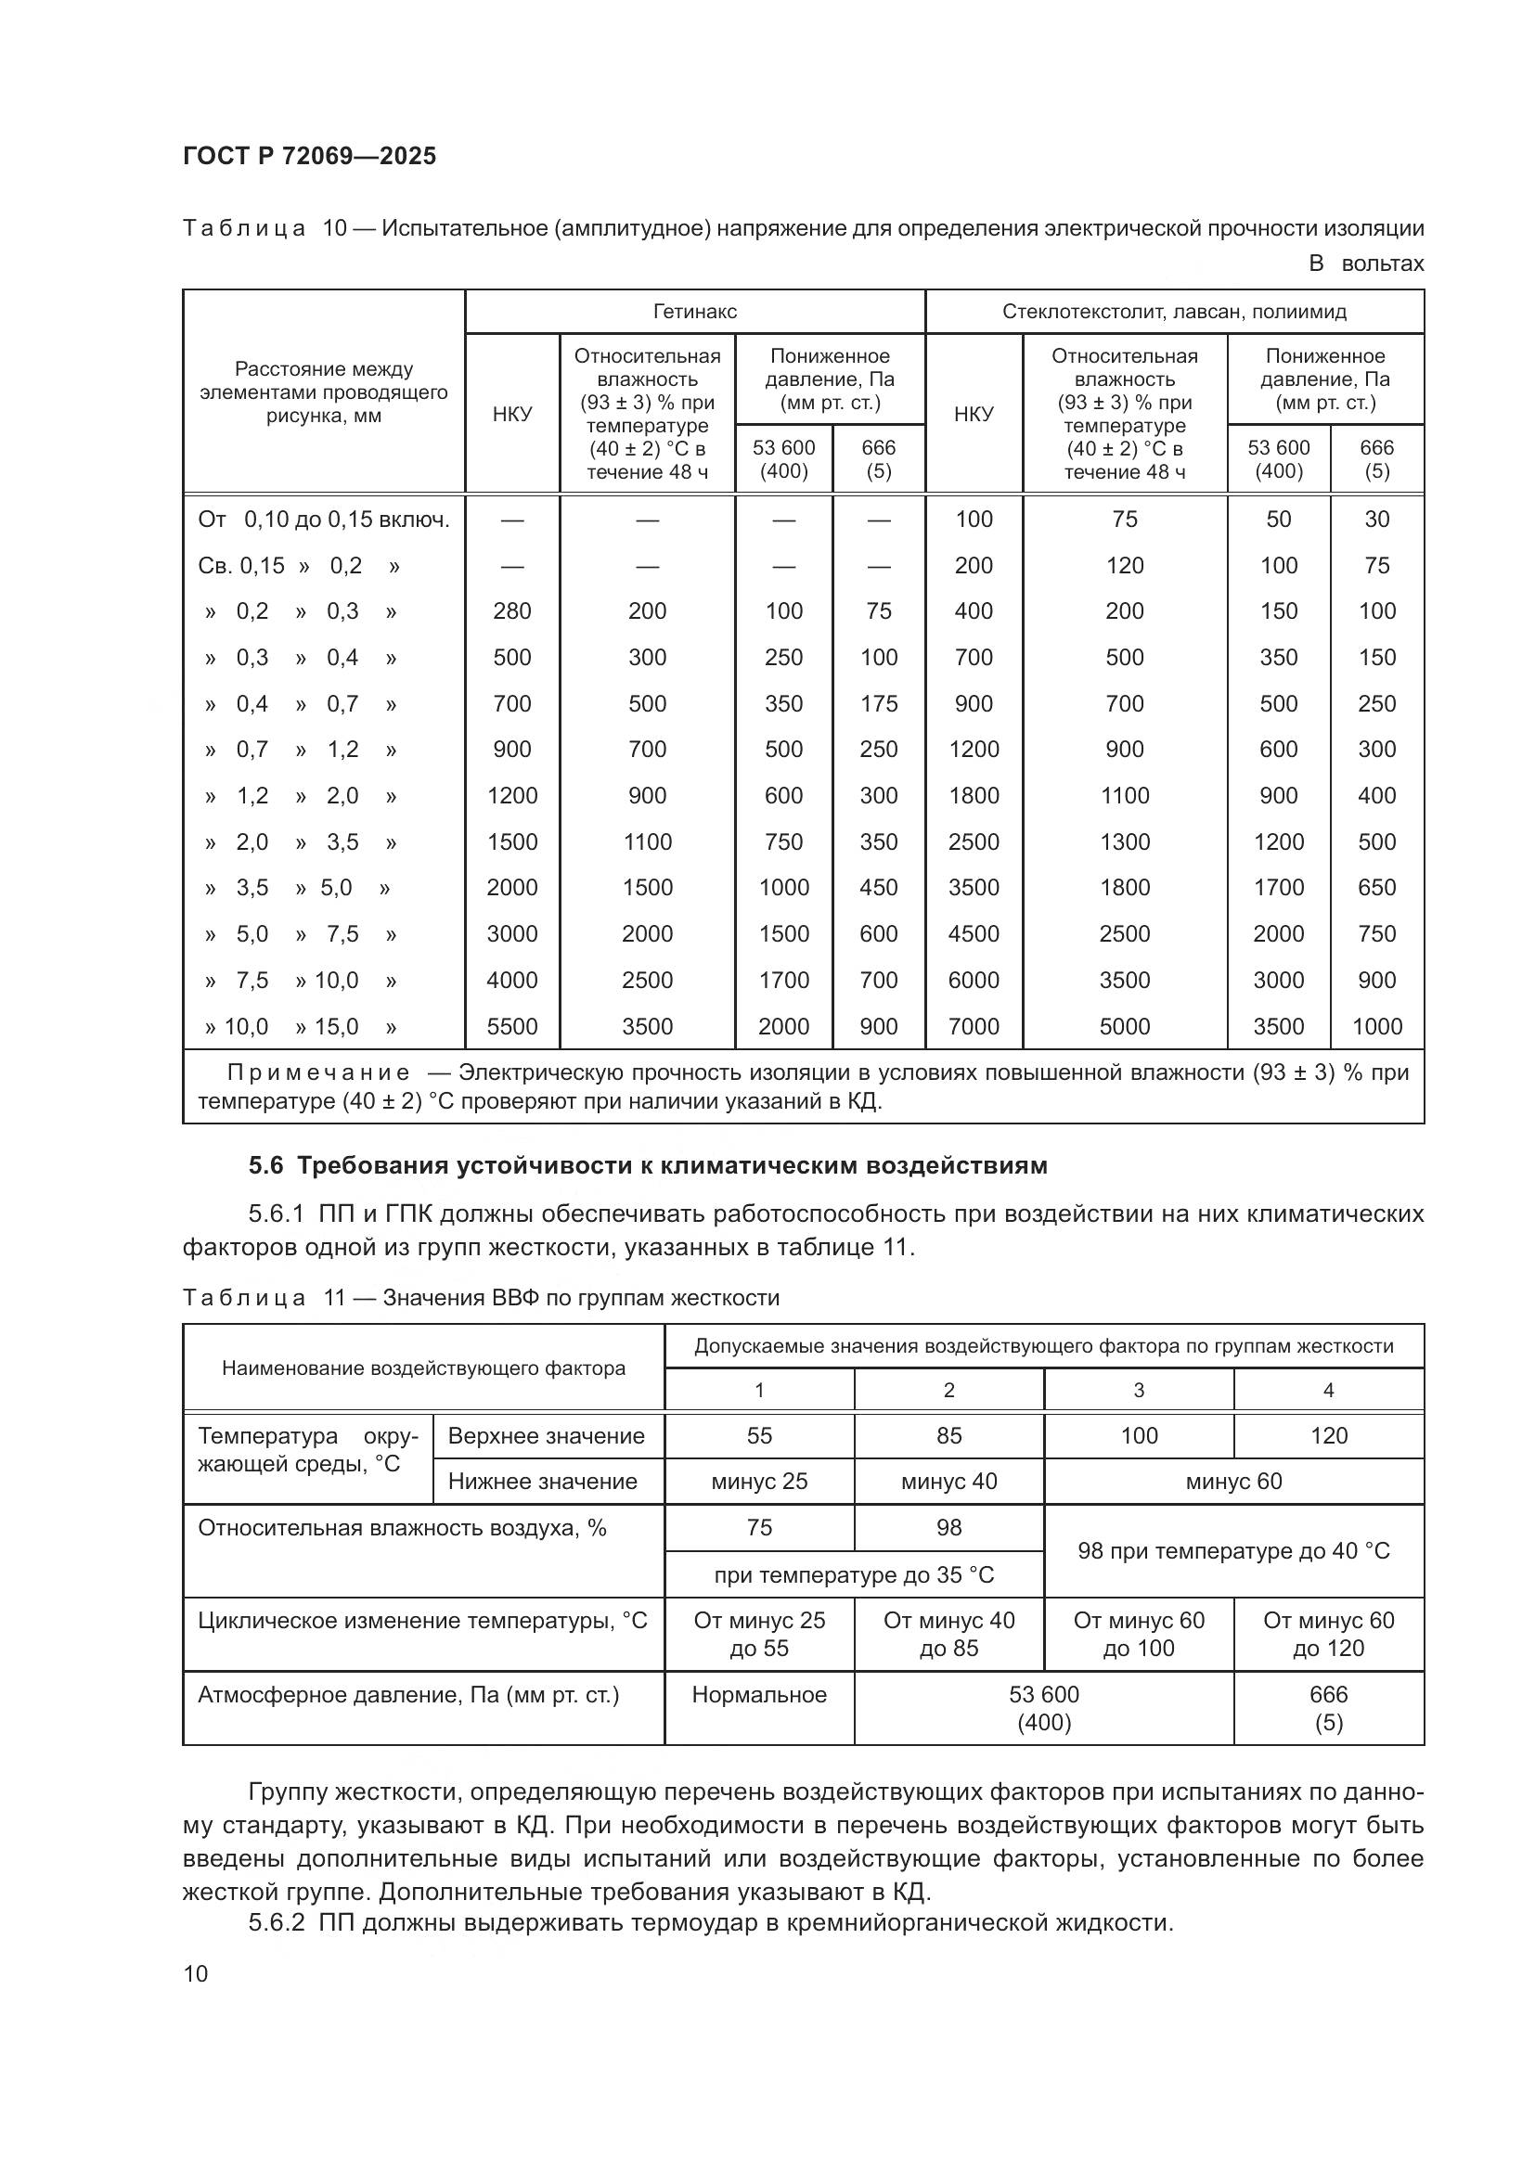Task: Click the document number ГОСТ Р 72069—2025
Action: tap(309, 156)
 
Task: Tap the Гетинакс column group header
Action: tap(695, 311)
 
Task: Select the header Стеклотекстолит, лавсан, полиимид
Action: tap(1174, 311)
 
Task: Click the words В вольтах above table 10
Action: tap(1366, 263)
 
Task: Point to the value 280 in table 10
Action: tap(511, 610)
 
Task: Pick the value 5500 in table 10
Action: tap(511, 1026)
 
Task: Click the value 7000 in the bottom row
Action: tap(974, 1026)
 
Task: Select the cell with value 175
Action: tap(878, 703)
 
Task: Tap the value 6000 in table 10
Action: tap(974, 980)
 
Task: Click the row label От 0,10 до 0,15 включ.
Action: tap(323, 519)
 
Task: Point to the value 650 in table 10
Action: tap(1376, 888)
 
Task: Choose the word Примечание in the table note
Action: tap(317, 1072)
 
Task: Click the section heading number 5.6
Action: tap(265, 1165)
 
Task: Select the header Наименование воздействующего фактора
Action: tap(423, 1367)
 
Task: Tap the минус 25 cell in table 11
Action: tap(759, 1481)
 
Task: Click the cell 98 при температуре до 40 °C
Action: tap(1233, 1551)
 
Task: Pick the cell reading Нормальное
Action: tap(759, 1695)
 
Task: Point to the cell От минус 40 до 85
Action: tap(949, 1634)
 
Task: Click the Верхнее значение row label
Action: tap(547, 1435)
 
